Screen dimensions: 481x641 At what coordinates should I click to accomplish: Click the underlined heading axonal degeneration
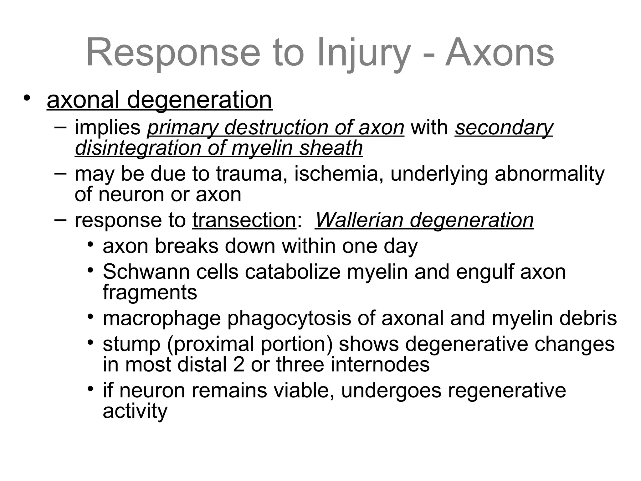pos(160,100)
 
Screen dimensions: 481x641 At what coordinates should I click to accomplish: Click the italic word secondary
pos(504,128)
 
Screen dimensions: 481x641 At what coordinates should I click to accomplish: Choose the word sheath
pos(331,148)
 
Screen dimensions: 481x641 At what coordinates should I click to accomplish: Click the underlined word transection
pos(244,220)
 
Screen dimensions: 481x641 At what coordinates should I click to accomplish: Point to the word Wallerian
pos(359,220)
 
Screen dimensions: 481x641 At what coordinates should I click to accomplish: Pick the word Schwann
pos(146,272)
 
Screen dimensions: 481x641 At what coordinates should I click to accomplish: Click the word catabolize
pos(292,272)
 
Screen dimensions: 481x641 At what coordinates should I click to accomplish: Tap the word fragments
pos(150,292)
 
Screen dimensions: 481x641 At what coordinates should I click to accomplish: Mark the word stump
pos(131,344)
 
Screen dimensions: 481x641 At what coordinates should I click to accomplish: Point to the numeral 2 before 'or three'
pos(238,365)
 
